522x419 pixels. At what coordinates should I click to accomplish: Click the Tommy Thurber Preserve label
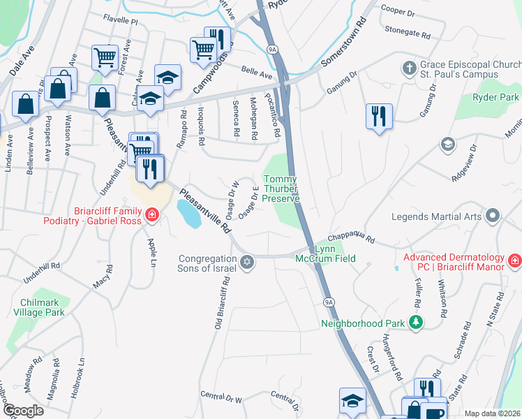(x=281, y=189)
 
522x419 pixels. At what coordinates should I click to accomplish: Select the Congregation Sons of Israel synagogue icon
(x=246, y=262)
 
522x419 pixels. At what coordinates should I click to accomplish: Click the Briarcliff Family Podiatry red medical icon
(x=150, y=219)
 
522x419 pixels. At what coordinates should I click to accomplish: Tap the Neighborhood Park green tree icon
(x=416, y=322)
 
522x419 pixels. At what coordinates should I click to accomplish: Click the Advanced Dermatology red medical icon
(x=515, y=261)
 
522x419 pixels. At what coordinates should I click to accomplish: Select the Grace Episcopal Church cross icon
(x=409, y=68)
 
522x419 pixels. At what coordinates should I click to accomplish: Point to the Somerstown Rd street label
(x=343, y=43)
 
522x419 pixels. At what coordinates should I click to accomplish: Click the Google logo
(x=23, y=411)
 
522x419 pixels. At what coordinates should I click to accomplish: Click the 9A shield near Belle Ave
(x=272, y=49)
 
